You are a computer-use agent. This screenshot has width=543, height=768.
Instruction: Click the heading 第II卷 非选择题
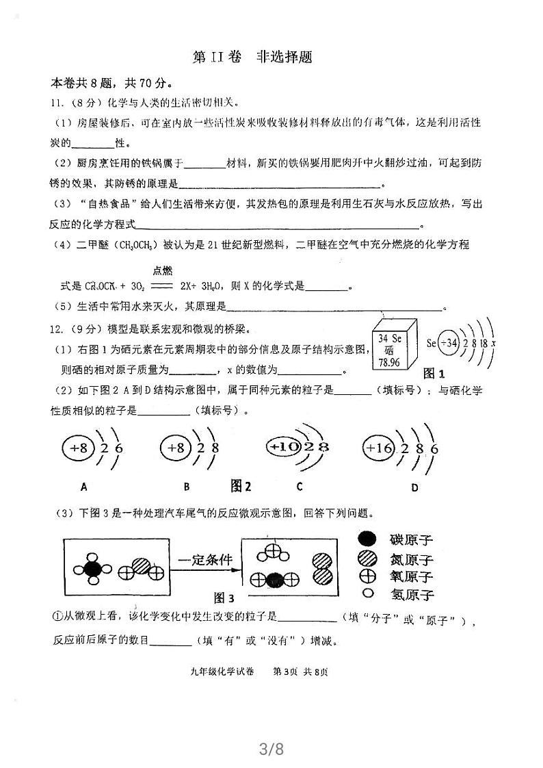click(253, 57)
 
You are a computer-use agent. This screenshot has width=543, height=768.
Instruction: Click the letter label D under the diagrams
click(414, 487)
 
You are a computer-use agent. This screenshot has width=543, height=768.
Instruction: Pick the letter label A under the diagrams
click(83, 487)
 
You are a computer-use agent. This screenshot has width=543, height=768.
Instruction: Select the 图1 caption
click(434, 374)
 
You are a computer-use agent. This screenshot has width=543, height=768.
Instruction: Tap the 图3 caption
click(224, 597)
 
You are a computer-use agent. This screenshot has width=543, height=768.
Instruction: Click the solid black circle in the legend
click(367, 539)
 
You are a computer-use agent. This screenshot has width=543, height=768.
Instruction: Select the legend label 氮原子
click(410, 559)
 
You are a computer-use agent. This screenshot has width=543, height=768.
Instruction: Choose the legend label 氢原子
click(410, 594)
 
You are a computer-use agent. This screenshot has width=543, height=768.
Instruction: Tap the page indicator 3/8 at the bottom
click(271, 749)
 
